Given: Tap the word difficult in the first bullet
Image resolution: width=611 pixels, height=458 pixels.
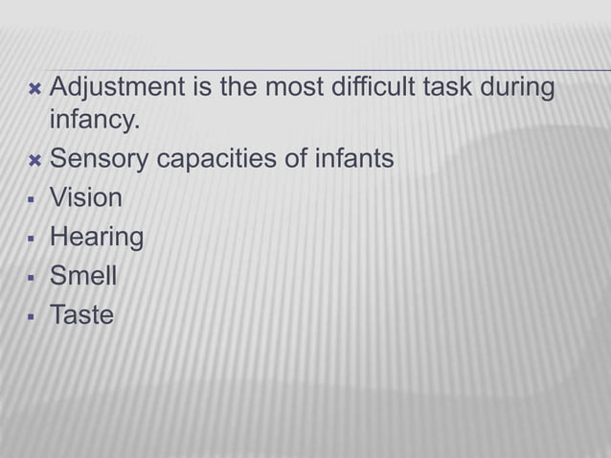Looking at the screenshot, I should click(x=380, y=90).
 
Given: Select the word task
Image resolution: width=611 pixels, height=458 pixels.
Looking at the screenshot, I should click(x=452, y=90).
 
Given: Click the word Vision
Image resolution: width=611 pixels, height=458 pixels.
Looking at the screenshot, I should click(x=86, y=197).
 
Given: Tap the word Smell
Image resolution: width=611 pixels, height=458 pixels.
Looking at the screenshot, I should click(x=83, y=276).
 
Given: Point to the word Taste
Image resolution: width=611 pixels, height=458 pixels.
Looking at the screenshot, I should click(x=81, y=314).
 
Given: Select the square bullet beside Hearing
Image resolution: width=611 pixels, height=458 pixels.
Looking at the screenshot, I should click(x=34, y=238).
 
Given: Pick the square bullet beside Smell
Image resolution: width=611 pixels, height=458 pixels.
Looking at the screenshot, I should click(x=34, y=277).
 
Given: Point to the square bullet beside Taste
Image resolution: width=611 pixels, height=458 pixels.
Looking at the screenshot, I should click(x=34, y=315).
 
